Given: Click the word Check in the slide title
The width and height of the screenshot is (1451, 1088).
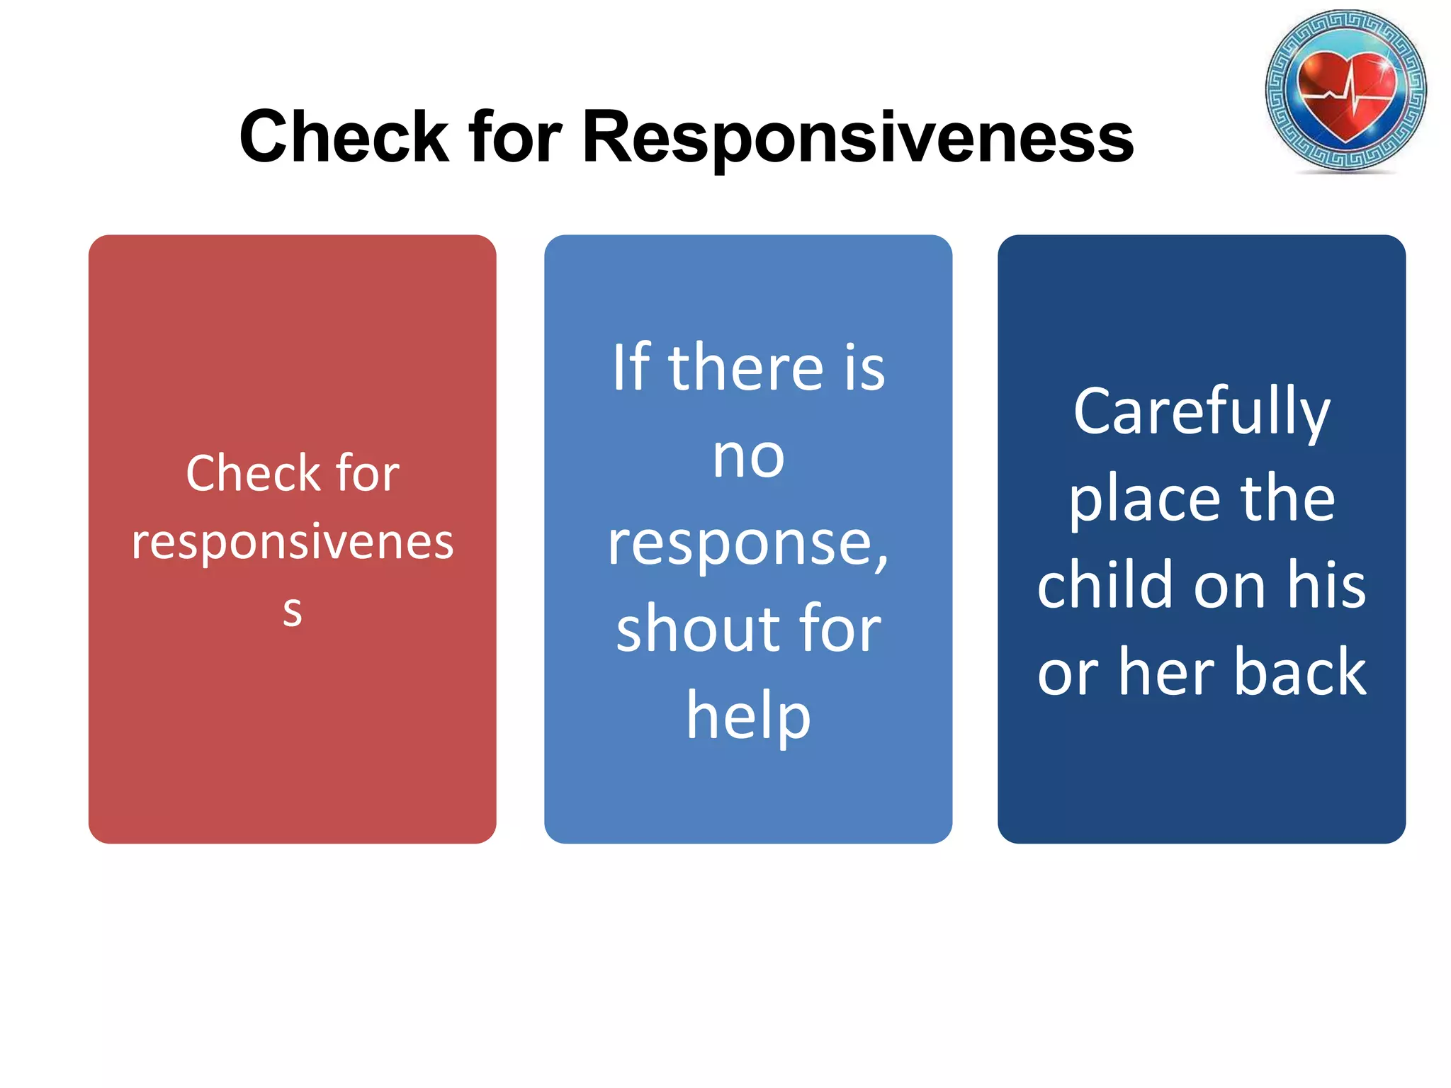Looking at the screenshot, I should (344, 137).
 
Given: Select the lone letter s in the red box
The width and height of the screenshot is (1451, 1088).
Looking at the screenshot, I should (292, 611).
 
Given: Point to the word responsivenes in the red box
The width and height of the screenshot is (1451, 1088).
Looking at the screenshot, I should (292, 543).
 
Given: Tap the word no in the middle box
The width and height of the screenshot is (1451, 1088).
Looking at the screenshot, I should (748, 457).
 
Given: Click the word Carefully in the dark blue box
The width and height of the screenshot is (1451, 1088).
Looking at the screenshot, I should (1202, 412).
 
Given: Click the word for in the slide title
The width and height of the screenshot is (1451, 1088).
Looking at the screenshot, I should (515, 137).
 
